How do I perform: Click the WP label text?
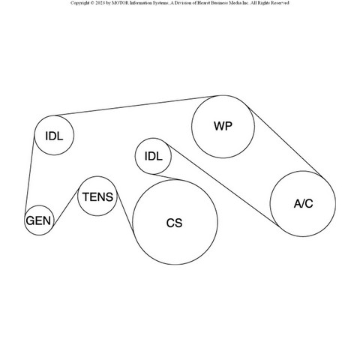(223, 126)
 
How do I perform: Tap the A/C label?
(303, 204)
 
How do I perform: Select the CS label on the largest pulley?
(174, 223)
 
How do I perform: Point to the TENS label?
(97, 197)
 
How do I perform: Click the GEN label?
(38, 220)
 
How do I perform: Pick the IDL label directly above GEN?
(54, 136)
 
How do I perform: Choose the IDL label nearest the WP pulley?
(154, 156)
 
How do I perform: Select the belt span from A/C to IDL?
(223, 184)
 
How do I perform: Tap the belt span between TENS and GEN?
(66, 207)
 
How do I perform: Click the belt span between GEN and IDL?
(29, 173)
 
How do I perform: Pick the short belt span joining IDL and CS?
(166, 177)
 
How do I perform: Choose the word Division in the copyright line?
(182, 3)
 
